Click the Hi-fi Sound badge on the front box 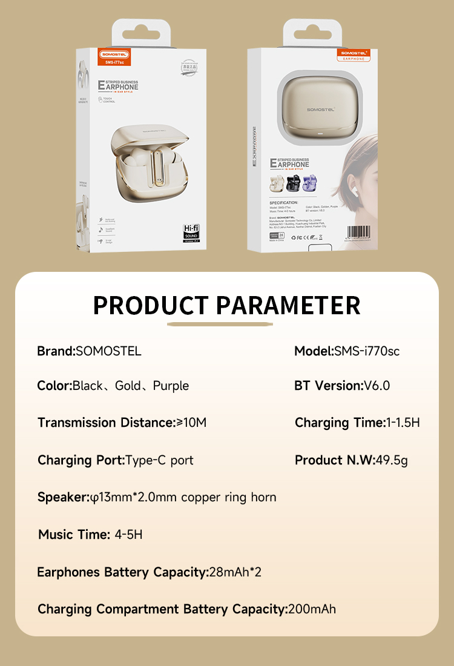[x=191, y=232]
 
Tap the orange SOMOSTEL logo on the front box [x=115, y=54]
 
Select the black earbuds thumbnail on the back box [x=294, y=183]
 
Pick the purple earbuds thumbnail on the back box [x=312, y=183]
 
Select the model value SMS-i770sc [x=367, y=351]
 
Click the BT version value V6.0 [x=377, y=386]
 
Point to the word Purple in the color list [x=171, y=386]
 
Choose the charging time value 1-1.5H [x=403, y=423]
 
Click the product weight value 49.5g [x=392, y=460]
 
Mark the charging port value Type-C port [x=159, y=460]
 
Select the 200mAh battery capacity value [x=312, y=609]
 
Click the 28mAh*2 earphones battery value [x=235, y=572]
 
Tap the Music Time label [x=73, y=535]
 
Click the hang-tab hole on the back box [x=313, y=28]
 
